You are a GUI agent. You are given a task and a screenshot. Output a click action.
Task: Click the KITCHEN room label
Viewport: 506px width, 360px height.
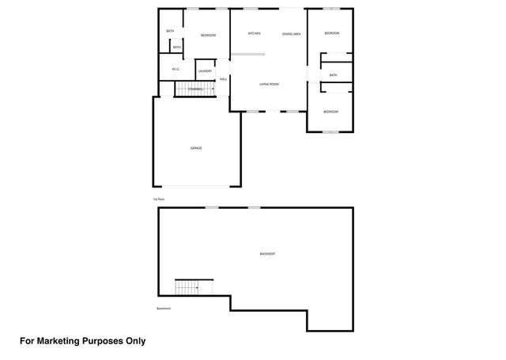pyautogui.click(x=255, y=33)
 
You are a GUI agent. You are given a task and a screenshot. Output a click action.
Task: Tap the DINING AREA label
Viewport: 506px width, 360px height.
pyautogui.click(x=292, y=33)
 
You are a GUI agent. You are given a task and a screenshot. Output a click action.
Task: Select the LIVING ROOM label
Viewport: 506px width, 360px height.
pyautogui.click(x=270, y=83)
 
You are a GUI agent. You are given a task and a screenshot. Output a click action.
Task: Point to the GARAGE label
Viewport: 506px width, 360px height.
pyautogui.click(x=195, y=148)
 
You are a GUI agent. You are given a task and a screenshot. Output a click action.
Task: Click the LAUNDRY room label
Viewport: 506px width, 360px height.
pyautogui.click(x=205, y=71)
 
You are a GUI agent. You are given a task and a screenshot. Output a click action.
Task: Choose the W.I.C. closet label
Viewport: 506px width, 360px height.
pyautogui.click(x=176, y=69)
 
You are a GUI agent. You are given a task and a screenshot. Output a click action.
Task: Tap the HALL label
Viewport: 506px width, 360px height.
pyautogui.click(x=224, y=79)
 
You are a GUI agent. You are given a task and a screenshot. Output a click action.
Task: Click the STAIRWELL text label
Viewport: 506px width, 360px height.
pyautogui.click(x=195, y=89)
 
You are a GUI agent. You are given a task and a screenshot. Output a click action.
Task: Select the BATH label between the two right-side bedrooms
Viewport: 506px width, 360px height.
pyautogui.click(x=333, y=75)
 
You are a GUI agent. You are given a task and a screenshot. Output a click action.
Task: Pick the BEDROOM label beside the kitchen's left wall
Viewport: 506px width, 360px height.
pyautogui.click(x=208, y=36)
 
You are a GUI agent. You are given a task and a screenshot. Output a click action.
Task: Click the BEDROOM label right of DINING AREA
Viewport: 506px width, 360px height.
pyautogui.click(x=331, y=32)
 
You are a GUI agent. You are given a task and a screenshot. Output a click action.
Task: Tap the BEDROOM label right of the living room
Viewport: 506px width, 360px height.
pyautogui.click(x=330, y=112)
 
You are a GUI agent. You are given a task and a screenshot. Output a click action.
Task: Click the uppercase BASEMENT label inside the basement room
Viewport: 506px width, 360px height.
pyautogui.click(x=267, y=254)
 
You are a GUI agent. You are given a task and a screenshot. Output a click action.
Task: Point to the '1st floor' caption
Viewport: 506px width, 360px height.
pyautogui.click(x=159, y=199)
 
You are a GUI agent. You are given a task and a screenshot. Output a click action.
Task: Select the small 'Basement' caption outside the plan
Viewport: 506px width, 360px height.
pyautogui.click(x=164, y=309)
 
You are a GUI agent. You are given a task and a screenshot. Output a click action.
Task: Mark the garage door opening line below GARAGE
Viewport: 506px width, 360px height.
pyautogui.click(x=195, y=186)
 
